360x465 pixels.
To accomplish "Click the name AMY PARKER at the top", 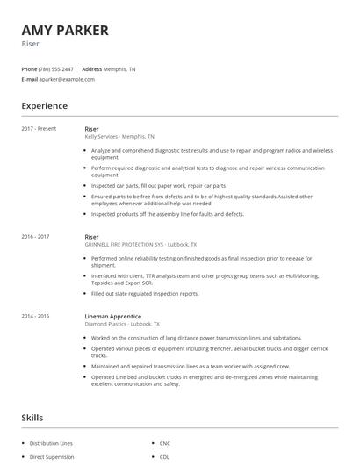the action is point(65,30).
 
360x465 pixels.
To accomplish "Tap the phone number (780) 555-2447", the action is point(56,68).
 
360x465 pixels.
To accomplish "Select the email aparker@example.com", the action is point(68,79).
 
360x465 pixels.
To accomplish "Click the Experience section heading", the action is point(44,106).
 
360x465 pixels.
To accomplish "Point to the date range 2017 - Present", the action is point(39,129).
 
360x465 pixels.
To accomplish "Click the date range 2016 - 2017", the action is point(35,236).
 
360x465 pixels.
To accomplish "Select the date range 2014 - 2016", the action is point(35,316).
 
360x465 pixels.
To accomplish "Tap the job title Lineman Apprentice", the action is point(112,316).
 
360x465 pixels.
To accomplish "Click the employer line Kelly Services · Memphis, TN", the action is point(119,137).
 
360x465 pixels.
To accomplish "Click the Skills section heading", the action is point(32,418).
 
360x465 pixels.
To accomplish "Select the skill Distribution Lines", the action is point(51,443).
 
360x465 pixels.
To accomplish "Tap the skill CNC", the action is point(165,443).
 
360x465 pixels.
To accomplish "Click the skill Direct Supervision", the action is point(51,457).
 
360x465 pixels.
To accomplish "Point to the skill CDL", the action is point(165,457).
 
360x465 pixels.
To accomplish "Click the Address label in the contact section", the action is point(92,68).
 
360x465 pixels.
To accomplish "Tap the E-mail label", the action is point(30,79).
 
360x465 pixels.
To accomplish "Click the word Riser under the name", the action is point(30,43).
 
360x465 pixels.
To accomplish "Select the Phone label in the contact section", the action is point(29,68).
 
